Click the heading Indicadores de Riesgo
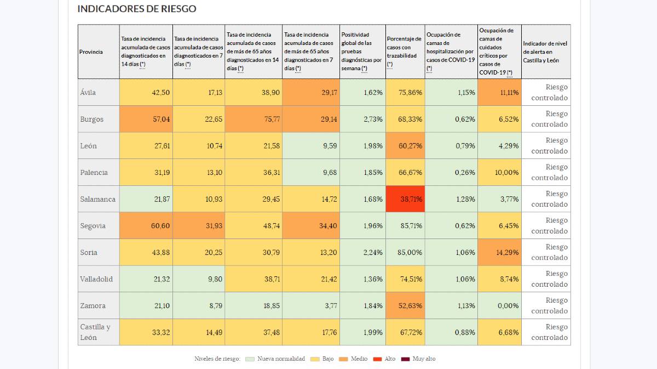tap(137, 9)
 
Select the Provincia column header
tap(91, 52)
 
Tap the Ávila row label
tap(88, 93)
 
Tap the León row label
tap(89, 146)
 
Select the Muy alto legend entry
tap(424, 359)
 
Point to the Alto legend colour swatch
tap(377, 359)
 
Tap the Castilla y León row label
tap(95, 332)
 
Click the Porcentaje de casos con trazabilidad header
tap(405, 52)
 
